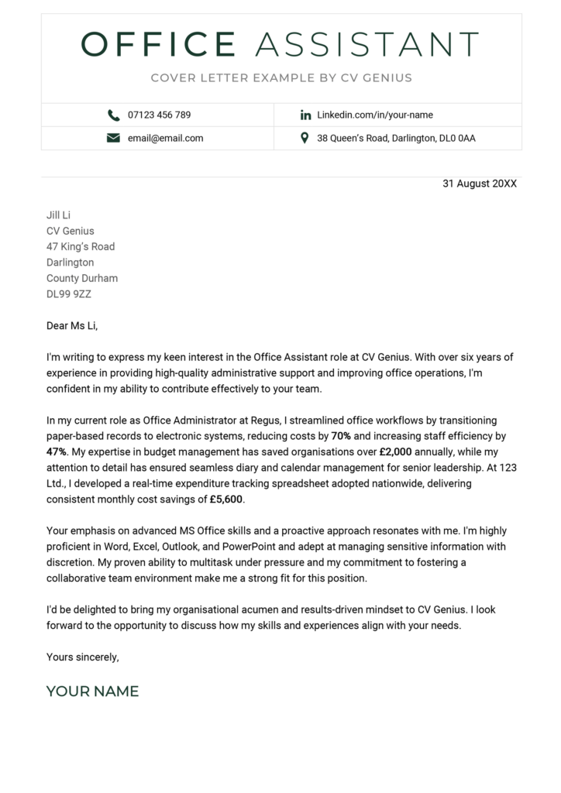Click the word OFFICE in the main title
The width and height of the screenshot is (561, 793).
(x=158, y=45)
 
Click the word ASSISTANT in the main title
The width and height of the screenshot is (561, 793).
(x=367, y=45)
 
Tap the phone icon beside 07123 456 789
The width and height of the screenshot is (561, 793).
(x=114, y=115)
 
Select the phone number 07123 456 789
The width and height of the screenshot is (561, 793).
(x=159, y=115)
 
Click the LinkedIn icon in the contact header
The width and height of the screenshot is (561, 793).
(x=305, y=115)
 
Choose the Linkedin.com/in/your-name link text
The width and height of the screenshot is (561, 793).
(x=375, y=115)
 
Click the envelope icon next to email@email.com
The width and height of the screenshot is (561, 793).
(x=114, y=139)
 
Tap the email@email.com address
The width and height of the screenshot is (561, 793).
(x=165, y=139)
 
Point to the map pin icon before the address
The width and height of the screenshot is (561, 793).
(x=305, y=139)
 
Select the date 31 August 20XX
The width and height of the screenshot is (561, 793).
(x=479, y=184)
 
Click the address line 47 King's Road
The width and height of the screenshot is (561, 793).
(x=81, y=247)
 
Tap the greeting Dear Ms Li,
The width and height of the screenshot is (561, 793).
(x=73, y=326)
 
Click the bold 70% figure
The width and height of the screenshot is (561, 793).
(x=341, y=436)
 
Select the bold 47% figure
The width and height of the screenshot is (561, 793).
(x=57, y=451)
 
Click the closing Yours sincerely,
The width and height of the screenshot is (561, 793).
(x=82, y=657)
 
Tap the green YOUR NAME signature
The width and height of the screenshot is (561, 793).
(x=92, y=692)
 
